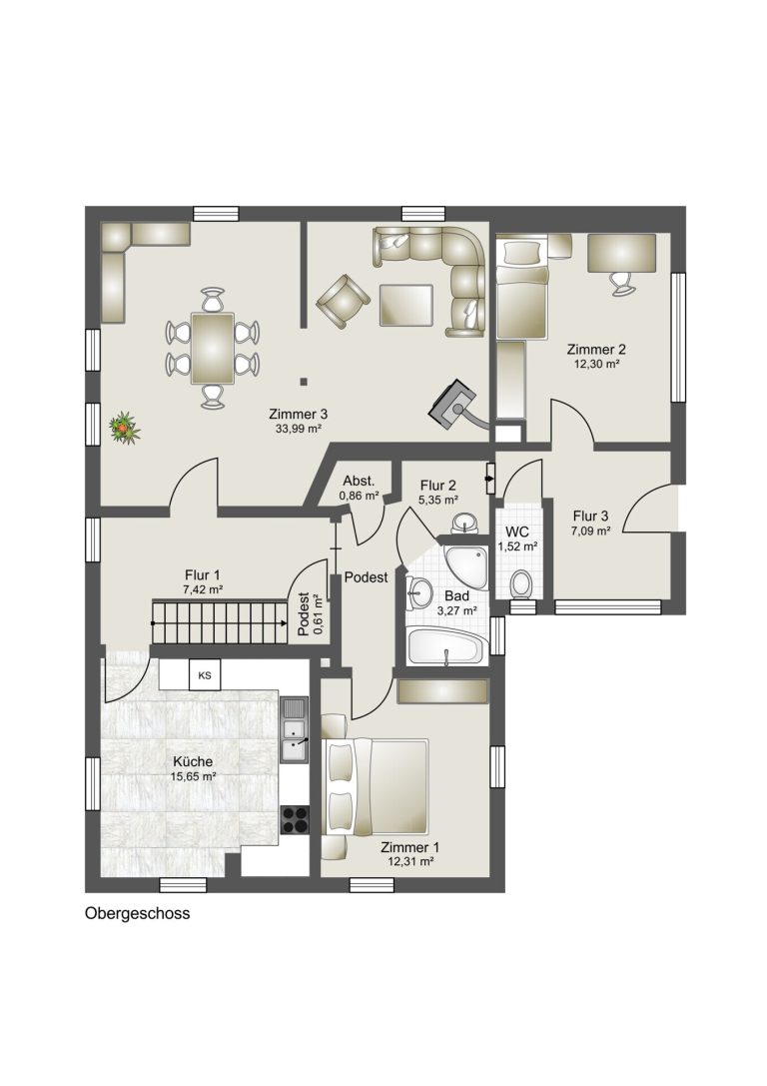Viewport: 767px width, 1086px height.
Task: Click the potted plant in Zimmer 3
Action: click(125, 428)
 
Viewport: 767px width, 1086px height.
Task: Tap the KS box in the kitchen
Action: click(205, 675)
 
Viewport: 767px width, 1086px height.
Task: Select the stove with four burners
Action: click(295, 819)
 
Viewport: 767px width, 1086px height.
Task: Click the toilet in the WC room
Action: click(520, 583)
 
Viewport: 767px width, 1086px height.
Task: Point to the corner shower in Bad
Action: click(466, 567)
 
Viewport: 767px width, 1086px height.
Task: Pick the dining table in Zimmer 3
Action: click(213, 348)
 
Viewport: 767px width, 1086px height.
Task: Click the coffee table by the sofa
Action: click(406, 305)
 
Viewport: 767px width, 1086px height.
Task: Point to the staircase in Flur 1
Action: click(220, 622)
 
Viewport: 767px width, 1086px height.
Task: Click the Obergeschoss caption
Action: click(137, 913)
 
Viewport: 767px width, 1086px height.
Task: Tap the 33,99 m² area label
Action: click(299, 429)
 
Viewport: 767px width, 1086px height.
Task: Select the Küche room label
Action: click(193, 762)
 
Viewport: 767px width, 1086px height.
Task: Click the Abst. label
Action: click(359, 481)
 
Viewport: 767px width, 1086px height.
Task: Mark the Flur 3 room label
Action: click(590, 516)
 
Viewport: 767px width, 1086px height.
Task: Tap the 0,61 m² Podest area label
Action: click(317, 614)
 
